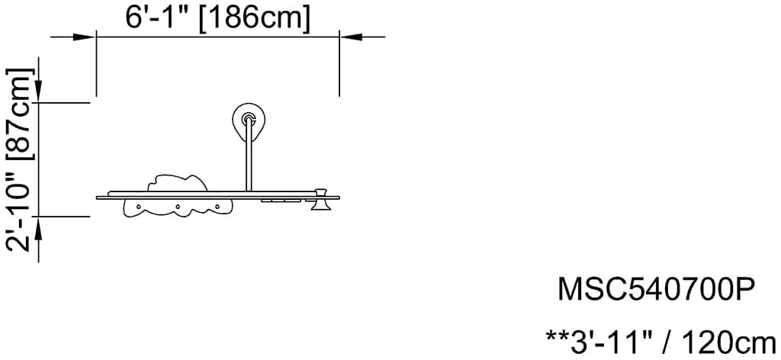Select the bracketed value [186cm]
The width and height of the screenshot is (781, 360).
tap(255, 19)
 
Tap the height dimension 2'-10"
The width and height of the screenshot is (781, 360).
tap(19, 214)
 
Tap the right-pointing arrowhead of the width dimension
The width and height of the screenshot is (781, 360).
tap(84, 37)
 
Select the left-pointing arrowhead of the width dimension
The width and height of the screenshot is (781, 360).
tap(351, 37)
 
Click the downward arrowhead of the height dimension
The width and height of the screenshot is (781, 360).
tap(39, 91)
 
